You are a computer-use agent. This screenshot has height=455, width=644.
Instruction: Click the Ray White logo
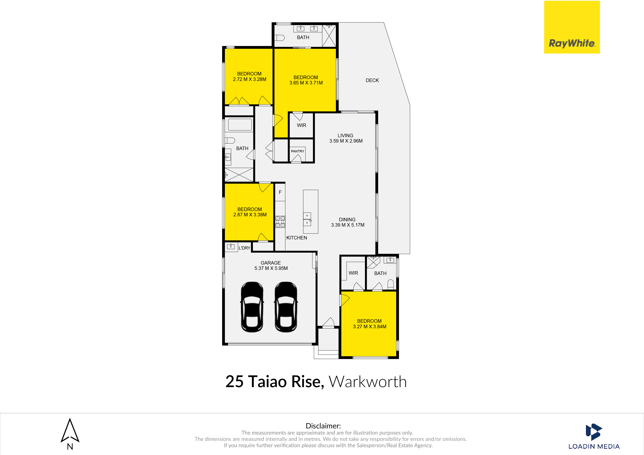coord(572,27)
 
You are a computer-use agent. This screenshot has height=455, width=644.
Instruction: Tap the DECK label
coord(372,81)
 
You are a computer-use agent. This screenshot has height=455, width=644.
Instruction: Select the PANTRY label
coord(298,151)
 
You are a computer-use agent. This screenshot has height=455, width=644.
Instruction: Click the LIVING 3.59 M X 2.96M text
coord(346,138)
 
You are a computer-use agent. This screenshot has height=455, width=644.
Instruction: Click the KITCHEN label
coord(296,238)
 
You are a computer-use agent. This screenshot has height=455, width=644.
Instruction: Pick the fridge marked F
coord(280,192)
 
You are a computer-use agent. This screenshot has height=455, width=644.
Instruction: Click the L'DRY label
coord(244,248)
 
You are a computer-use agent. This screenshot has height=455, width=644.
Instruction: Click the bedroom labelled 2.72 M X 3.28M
coord(249,77)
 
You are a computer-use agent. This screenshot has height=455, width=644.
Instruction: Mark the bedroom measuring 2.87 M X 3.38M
coord(249,212)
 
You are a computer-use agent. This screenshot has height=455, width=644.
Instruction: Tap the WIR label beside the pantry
coord(301,125)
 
